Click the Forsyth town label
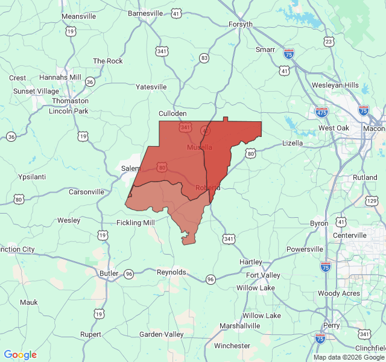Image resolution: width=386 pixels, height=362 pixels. click(241, 24)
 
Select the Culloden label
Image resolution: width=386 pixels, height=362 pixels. click(172, 113)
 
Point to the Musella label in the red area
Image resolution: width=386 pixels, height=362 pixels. click(200, 147)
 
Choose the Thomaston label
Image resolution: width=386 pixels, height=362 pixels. click(70, 101)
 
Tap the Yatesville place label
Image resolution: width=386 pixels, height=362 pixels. click(151, 87)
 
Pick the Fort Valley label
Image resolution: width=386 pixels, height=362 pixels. click(263, 275)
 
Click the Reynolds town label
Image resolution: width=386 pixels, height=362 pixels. click(172, 272)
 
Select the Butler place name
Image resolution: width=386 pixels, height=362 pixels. click(109, 273)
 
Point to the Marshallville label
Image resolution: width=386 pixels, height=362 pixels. click(239, 326)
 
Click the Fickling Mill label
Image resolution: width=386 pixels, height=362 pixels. click(135, 223)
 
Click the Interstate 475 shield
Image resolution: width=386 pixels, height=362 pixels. click(321, 112)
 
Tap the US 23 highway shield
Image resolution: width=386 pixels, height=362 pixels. click(329, 42)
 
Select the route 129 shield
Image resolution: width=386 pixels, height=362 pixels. click(372, 200)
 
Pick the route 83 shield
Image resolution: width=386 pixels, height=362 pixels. click(204, 58)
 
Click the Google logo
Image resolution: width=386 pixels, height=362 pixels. click(21, 355)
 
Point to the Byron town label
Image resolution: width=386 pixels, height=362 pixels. click(319, 223)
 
